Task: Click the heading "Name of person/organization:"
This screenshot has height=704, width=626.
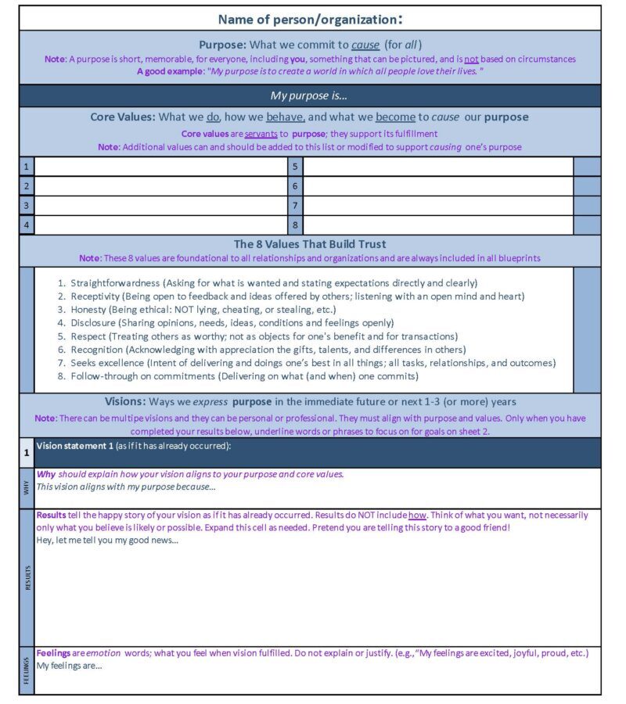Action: point(310,19)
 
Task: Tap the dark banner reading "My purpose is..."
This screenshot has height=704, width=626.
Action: point(310,95)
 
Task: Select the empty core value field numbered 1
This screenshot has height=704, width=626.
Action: point(160,167)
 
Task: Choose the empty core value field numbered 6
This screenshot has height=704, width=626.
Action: point(437,186)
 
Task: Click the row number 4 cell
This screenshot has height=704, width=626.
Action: point(27,225)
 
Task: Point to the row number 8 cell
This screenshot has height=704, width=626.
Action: point(295,225)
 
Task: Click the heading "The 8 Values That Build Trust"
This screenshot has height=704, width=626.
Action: point(310,244)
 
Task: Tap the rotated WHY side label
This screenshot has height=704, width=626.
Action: point(27,488)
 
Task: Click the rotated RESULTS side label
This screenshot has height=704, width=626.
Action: point(27,577)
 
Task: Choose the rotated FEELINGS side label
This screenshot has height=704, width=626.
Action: point(27,670)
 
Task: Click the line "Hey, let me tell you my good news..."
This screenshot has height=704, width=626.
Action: point(107,541)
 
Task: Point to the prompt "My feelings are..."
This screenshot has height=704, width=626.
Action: point(70,666)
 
